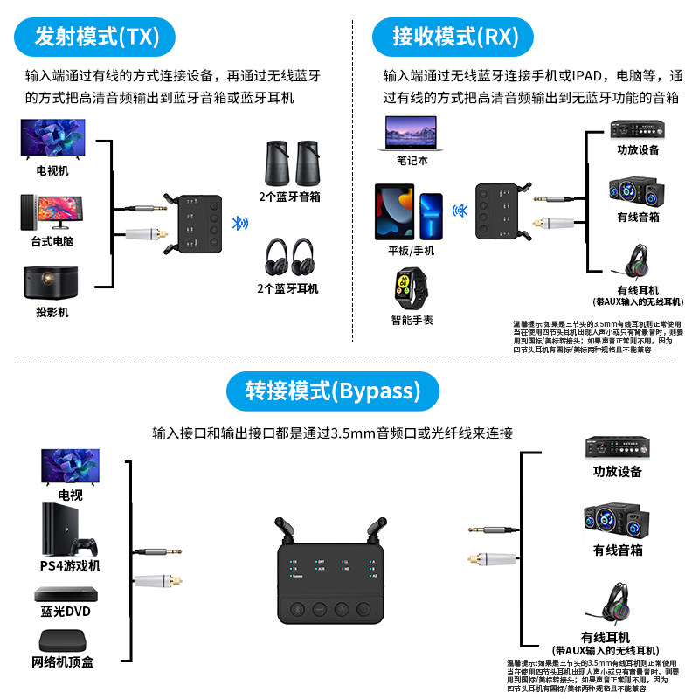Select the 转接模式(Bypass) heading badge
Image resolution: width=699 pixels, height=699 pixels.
click(x=333, y=390)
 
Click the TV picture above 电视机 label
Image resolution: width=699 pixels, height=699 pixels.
click(x=52, y=139)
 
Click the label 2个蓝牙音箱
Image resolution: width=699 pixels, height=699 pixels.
click(x=288, y=197)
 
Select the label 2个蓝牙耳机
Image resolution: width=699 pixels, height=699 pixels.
click(x=288, y=288)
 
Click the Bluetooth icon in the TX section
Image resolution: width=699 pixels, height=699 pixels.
click(x=235, y=223)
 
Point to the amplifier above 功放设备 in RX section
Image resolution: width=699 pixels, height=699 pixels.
click(x=637, y=128)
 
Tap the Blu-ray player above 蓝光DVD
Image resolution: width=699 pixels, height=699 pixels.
click(x=64, y=594)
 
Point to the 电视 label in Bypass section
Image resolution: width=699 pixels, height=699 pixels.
click(x=70, y=495)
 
